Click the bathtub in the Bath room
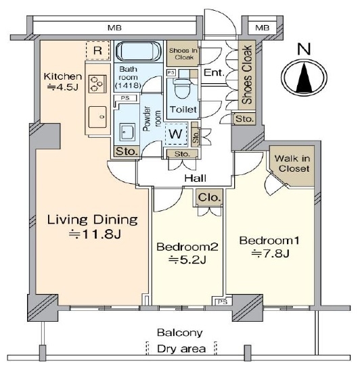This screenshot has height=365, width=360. [x=139, y=51]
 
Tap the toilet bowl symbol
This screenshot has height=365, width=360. [x=183, y=89]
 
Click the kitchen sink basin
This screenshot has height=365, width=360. [x=97, y=117]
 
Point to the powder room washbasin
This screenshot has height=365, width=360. [x=127, y=132]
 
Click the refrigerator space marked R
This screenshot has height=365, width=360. [x=97, y=51]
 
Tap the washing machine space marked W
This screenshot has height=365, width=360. [x=176, y=134]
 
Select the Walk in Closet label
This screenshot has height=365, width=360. [x=292, y=164]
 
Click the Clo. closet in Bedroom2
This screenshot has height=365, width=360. [x=209, y=197]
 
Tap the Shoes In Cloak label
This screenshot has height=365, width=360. [x=183, y=54]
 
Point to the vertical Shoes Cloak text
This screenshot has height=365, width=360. [x=247, y=74]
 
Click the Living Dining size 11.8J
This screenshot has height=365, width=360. [x=95, y=234]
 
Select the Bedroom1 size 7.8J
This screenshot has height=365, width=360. [x=270, y=253]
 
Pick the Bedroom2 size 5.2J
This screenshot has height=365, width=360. [x=187, y=260]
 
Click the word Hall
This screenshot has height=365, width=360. [x=196, y=178]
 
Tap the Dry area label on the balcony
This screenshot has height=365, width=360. [x=181, y=349]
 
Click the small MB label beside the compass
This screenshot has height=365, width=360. [x=262, y=28]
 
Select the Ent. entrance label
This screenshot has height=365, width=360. [x=214, y=72]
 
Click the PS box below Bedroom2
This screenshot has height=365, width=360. [x=222, y=301]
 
